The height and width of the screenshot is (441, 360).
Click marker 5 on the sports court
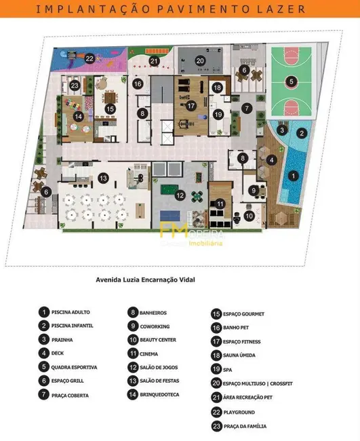[x=291, y=81]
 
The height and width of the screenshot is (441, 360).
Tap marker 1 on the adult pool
[x=292, y=176]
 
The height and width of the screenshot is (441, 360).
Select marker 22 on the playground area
[x=89, y=58]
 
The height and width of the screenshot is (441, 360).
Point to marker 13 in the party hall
[x=103, y=178]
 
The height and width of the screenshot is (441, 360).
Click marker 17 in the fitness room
[x=191, y=106]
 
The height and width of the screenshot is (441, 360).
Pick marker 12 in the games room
[x=180, y=195]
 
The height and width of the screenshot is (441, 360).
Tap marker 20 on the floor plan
[x=200, y=60]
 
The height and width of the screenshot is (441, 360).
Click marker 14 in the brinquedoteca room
[x=79, y=117]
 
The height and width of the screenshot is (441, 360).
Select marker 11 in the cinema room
[x=220, y=204]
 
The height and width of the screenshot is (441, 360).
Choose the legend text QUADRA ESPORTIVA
[x=75, y=367]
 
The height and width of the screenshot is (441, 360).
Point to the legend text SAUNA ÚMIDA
[x=241, y=355]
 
